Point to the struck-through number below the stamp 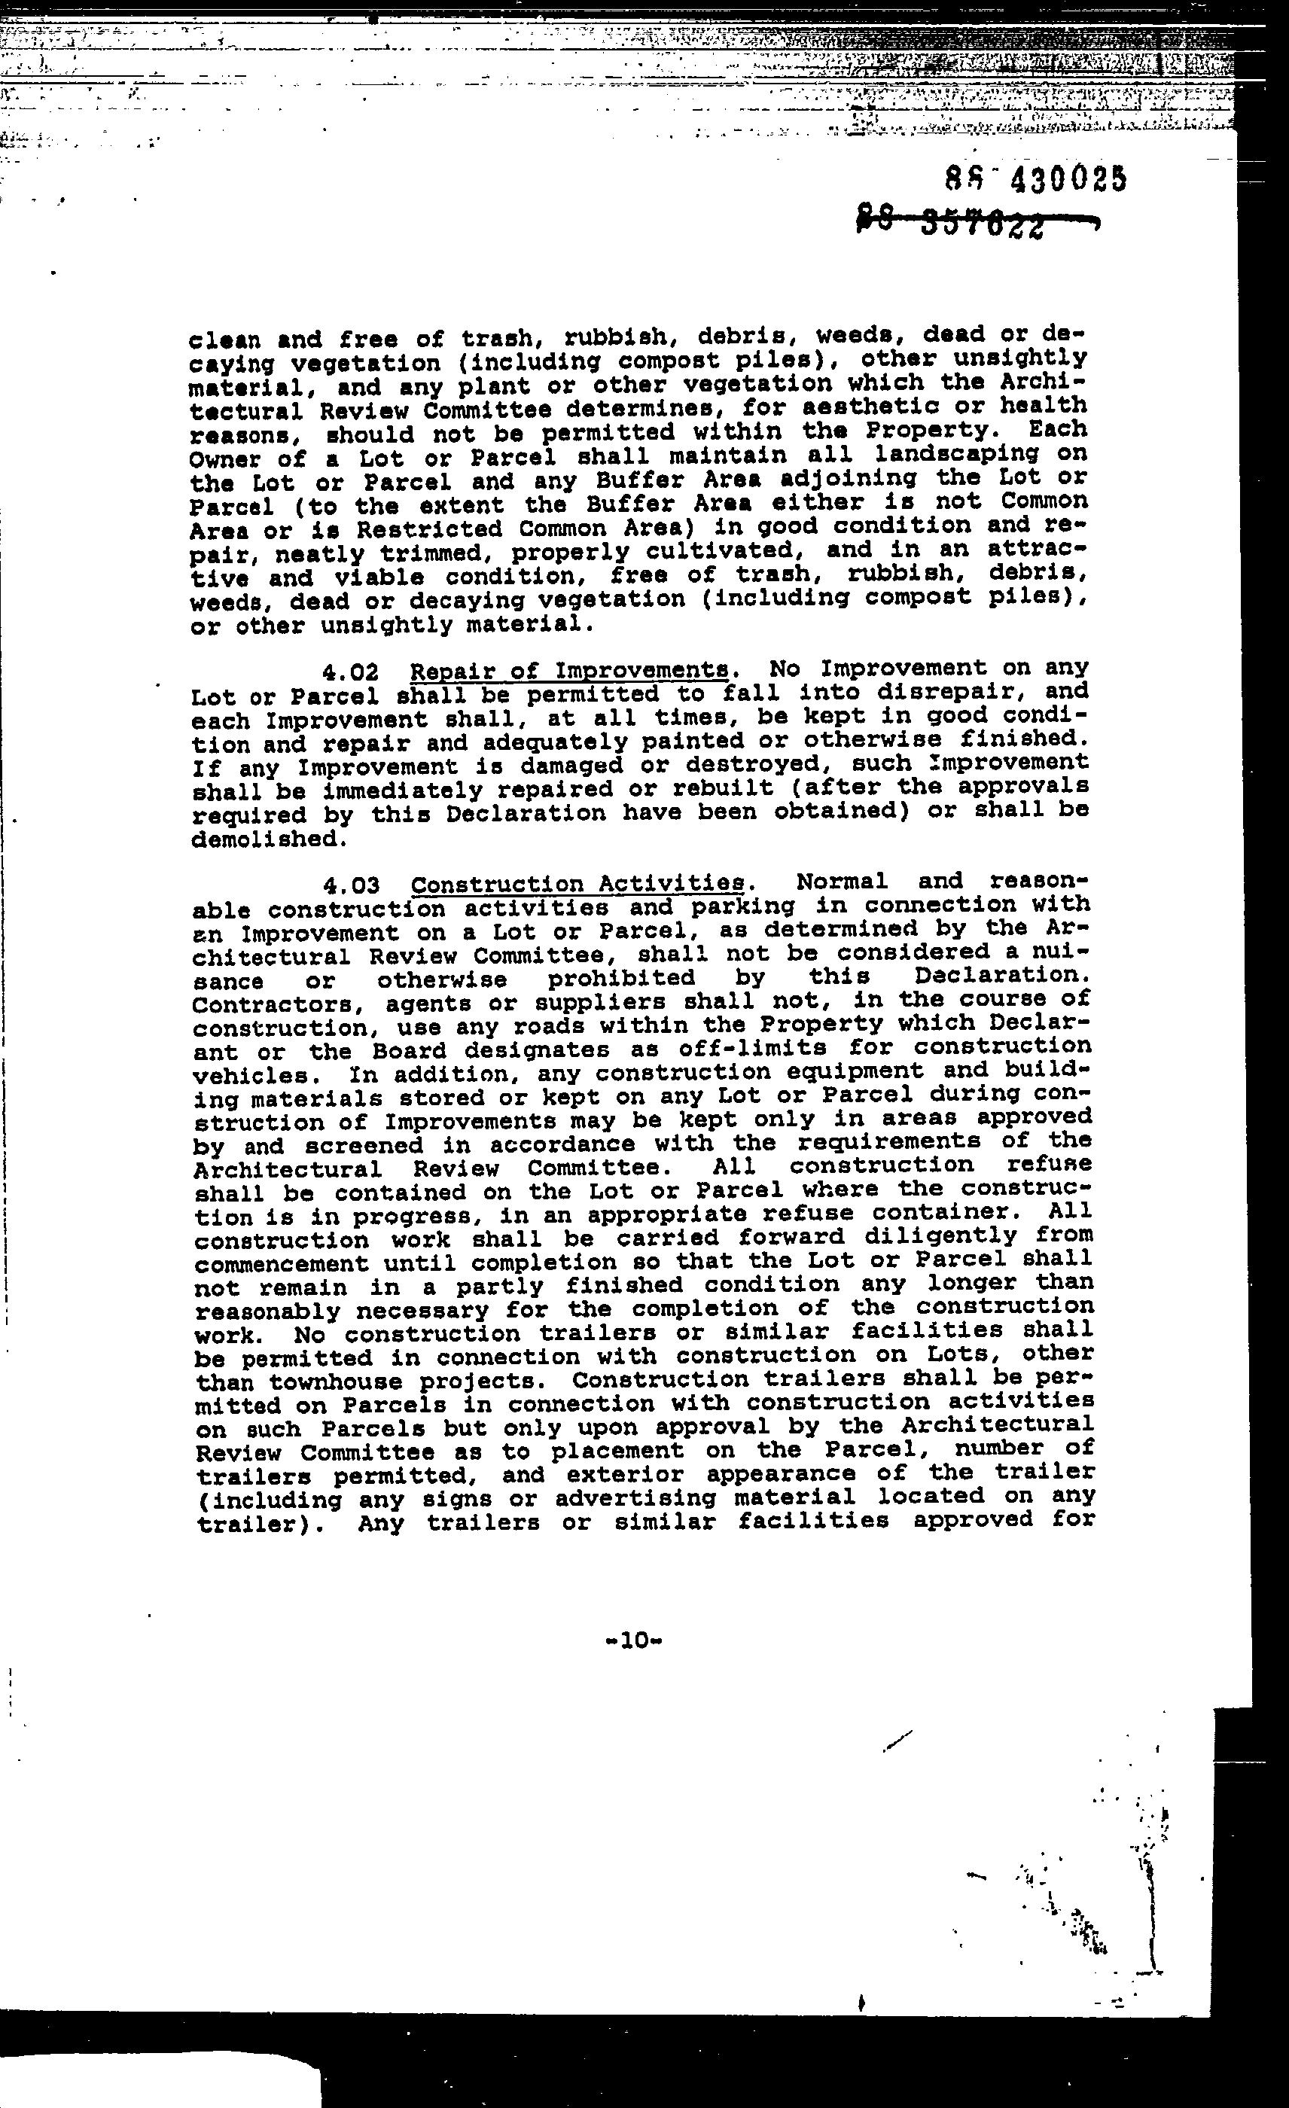click(x=975, y=225)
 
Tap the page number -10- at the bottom click(x=633, y=1640)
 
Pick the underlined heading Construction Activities click(x=578, y=883)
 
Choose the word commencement click(x=282, y=1263)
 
